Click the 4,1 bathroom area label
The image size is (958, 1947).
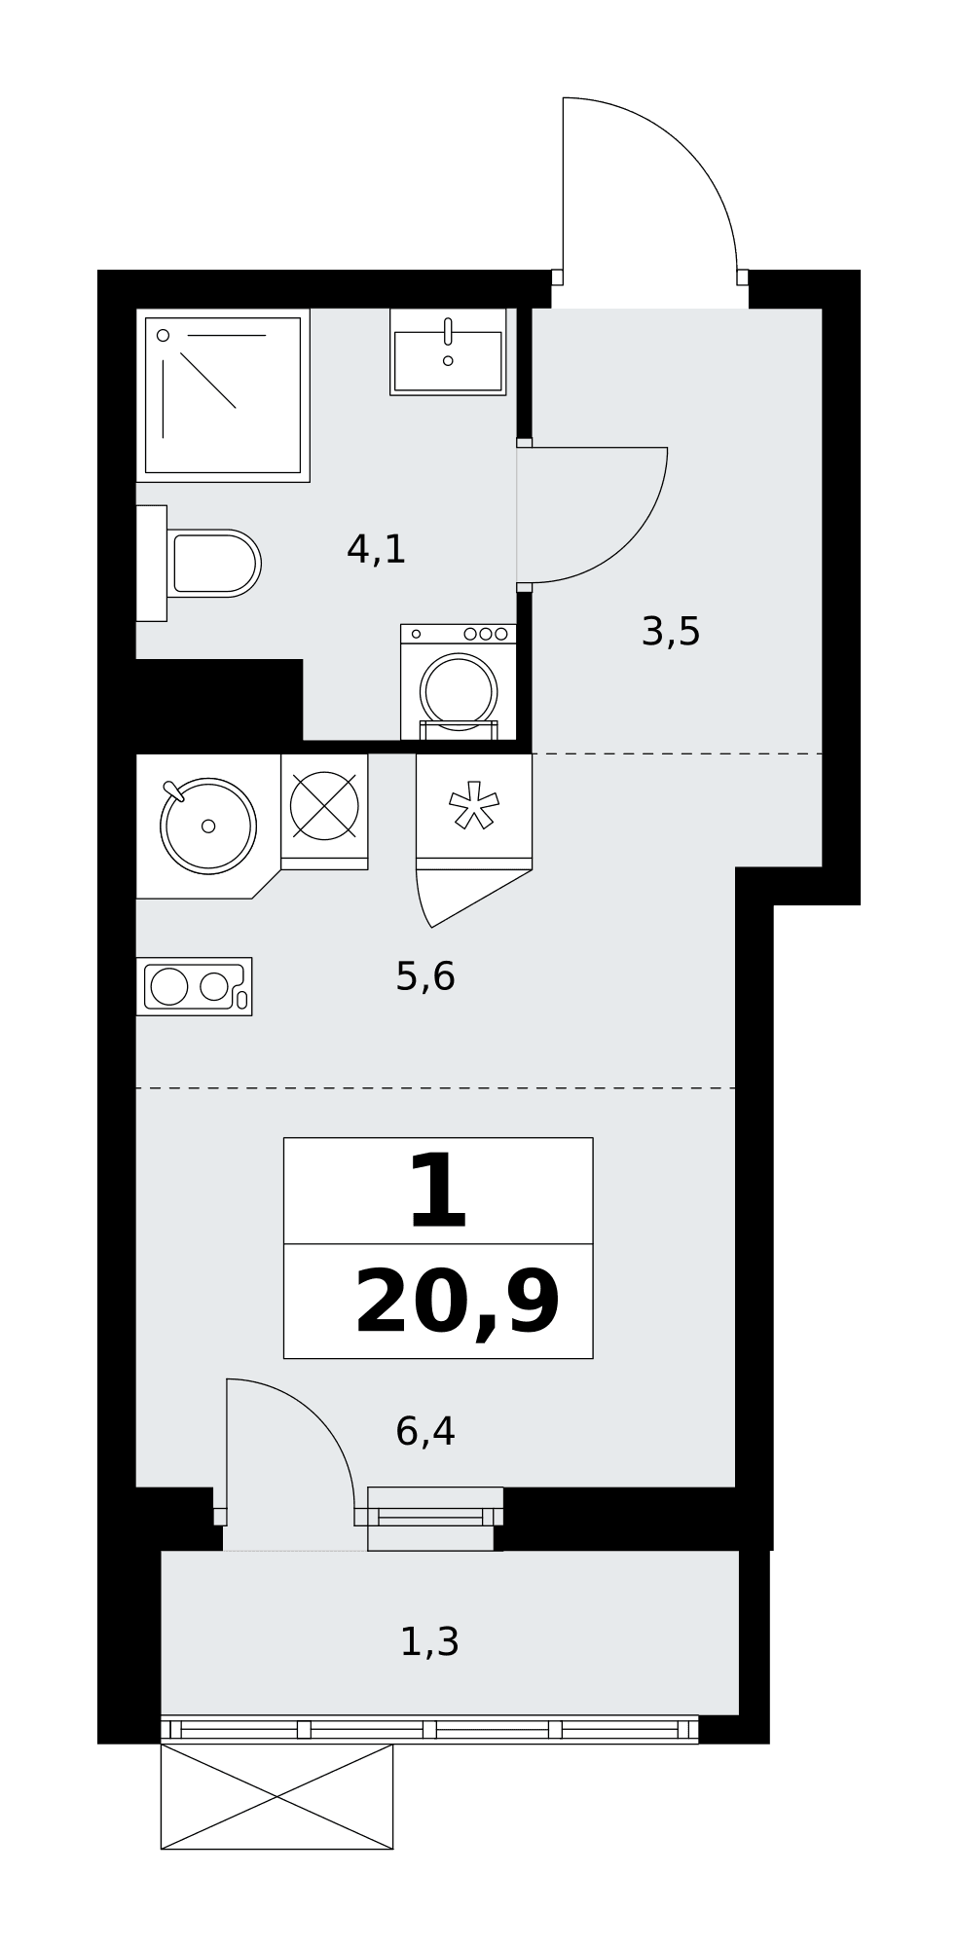pos(376,550)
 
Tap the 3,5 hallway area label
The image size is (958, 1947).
pos(671,632)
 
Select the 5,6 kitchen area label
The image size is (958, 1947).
pos(425,976)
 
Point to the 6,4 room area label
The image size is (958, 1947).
pos(425,1431)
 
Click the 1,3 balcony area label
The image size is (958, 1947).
pos(429,1642)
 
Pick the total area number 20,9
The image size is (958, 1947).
pos(458,1304)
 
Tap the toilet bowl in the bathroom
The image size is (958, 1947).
pos(213,563)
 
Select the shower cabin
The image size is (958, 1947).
pos(223,395)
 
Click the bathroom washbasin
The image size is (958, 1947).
pos(448,351)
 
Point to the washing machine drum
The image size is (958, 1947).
pos(459,690)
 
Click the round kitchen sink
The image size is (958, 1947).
pos(208,826)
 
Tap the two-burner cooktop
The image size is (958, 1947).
pos(194,986)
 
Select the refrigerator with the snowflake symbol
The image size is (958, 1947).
pos(474,811)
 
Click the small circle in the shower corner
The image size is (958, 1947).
pos(164,335)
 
